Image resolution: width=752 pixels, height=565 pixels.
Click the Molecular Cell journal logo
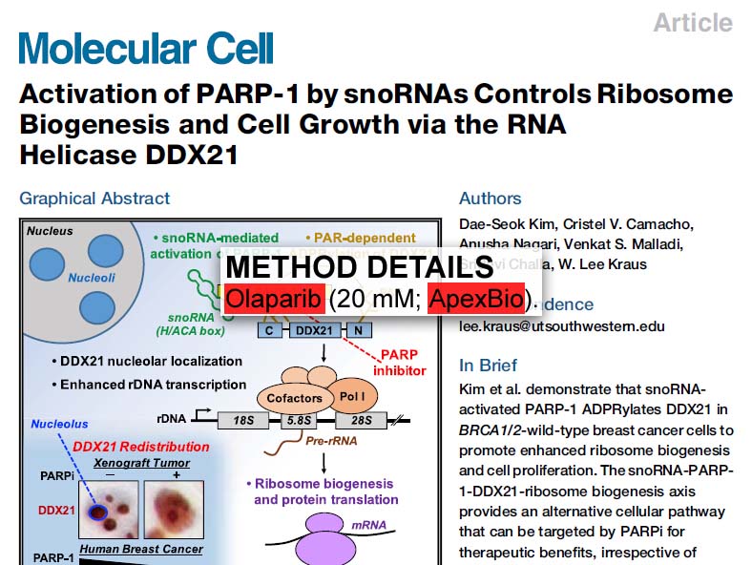coord(146,48)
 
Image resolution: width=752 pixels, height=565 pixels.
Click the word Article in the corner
coord(693,22)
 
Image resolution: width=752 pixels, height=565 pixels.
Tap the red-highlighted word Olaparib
coord(275,299)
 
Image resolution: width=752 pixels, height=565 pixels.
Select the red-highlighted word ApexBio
coord(475,299)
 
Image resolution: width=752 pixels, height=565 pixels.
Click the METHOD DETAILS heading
coord(359,268)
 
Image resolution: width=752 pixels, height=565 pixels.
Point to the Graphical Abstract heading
coord(94,199)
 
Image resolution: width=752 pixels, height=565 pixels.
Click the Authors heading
coord(490,199)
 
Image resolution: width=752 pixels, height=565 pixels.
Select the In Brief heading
coord(489,366)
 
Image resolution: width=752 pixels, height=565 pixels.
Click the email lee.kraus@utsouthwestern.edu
coord(562,325)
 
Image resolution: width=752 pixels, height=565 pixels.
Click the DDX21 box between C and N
coord(313,329)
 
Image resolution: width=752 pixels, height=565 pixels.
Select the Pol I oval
coord(350,393)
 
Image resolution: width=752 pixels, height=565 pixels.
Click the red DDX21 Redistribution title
coord(140,447)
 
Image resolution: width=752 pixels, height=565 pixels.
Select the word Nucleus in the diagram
coord(50,231)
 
